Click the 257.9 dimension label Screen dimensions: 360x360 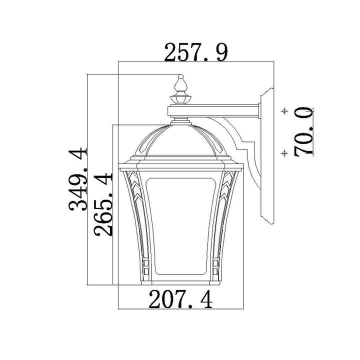click(x=196, y=53)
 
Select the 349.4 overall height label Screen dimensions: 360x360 click(x=78, y=179)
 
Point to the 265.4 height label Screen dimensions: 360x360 click(x=103, y=204)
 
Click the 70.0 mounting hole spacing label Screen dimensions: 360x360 click(x=303, y=131)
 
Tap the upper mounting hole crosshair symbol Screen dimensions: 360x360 click(x=284, y=111)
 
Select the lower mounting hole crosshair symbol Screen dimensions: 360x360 click(x=284, y=153)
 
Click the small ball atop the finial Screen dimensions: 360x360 click(x=181, y=76)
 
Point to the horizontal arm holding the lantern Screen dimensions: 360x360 click(x=213, y=110)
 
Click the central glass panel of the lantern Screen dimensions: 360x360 click(x=181, y=226)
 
